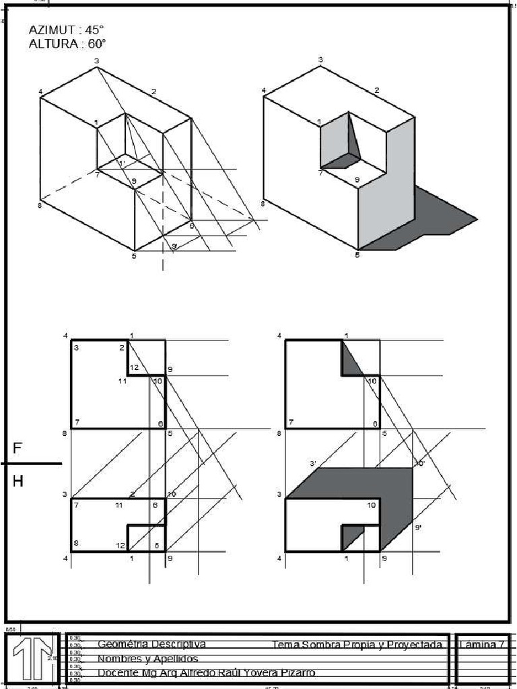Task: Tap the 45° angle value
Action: pos(95,30)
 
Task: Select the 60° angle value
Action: pos(96,44)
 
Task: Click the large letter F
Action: pos(18,449)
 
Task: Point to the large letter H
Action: pos(18,480)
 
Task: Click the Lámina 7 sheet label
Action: pos(482,645)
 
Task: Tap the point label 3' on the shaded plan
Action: pos(313,464)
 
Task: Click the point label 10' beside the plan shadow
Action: pos(419,464)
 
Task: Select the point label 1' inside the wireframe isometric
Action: pos(122,163)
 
